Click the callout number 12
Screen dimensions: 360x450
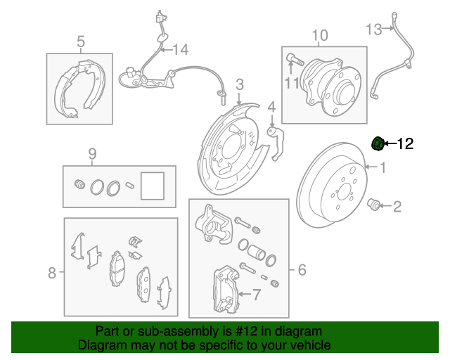405,144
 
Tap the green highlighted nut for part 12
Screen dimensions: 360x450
377,144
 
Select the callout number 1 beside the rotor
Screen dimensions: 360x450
383,168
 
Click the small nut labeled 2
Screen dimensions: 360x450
375,205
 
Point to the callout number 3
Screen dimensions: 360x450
239,86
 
